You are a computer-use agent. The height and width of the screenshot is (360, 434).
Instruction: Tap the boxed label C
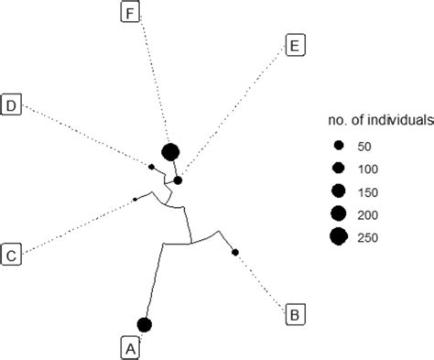point(13,254)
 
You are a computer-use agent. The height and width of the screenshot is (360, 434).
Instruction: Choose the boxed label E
point(295,45)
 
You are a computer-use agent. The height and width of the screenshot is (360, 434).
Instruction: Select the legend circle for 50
point(338,145)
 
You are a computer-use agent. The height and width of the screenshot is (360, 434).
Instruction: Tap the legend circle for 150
point(338,191)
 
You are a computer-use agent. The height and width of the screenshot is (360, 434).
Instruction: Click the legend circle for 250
point(338,238)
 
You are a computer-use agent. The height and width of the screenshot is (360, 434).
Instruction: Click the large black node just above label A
point(144,324)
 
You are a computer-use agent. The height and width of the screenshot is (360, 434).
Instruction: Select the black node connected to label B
point(235,252)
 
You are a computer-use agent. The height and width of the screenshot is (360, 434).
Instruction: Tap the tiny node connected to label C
point(136,198)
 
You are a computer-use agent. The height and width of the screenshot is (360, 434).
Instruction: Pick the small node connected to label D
point(151,166)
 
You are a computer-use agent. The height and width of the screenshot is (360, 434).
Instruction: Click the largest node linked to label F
point(169,152)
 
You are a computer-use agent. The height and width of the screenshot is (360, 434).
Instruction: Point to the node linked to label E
point(179,180)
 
